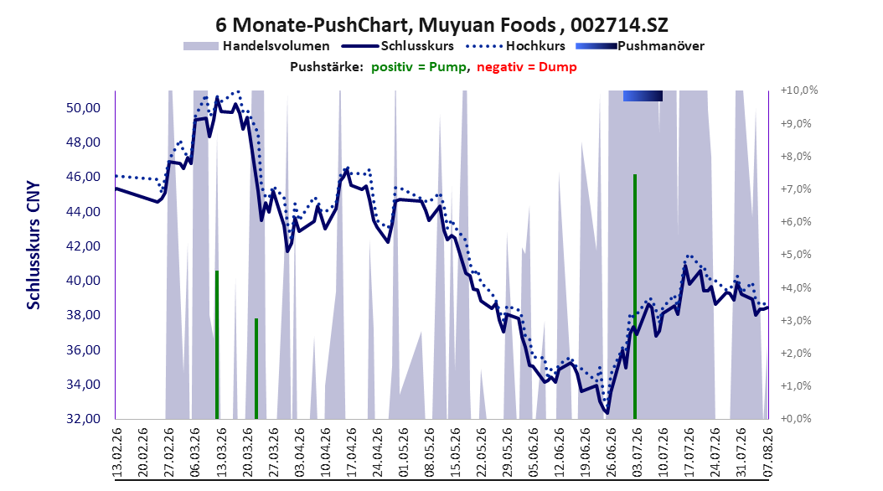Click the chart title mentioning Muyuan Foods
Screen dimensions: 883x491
tap(441, 25)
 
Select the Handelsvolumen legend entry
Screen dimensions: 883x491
tap(256, 46)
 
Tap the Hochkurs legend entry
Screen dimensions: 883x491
tap(514, 46)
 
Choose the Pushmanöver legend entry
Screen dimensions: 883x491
tap(640, 46)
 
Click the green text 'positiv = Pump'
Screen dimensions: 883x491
tap(418, 67)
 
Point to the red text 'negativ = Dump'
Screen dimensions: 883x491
tap(527, 67)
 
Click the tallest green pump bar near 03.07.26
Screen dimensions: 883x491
tap(635, 297)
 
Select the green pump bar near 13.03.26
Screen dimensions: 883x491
tap(217, 344)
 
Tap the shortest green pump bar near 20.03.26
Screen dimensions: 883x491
tap(256, 369)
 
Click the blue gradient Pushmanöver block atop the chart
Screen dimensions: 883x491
tap(643, 96)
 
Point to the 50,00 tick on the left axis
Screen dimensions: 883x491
tap(83, 107)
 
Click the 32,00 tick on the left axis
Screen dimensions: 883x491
tap(83, 419)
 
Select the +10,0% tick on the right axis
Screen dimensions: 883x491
tap(799, 90)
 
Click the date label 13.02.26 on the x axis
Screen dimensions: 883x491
tap(117, 452)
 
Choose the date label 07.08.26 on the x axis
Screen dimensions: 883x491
tap(767, 452)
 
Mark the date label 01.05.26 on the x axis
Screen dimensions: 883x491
tap(404, 452)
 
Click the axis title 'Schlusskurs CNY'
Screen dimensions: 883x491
tap(34, 245)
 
